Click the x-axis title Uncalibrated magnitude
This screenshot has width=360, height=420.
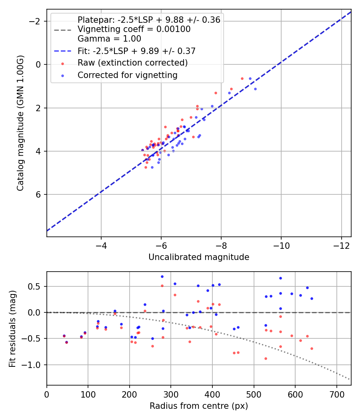coord(199,257)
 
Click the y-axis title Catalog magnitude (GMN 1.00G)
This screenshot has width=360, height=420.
coord(20,123)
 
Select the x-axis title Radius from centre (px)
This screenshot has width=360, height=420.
coord(199,406)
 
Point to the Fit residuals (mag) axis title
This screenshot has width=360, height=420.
coord(12,328)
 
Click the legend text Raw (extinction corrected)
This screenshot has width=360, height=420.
coord(132,63)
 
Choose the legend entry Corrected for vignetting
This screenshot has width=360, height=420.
coord(127,75)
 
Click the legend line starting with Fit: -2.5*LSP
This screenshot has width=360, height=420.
coord(136,51)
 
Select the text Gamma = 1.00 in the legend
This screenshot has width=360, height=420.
coord(109,39)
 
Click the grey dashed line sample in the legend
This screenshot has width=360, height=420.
coord(62,30)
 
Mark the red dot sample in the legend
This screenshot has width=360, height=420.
coord(62,63)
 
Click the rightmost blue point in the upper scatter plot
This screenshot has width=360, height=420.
coord(255,89)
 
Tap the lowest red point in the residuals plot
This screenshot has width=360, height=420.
coord(266,358)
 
